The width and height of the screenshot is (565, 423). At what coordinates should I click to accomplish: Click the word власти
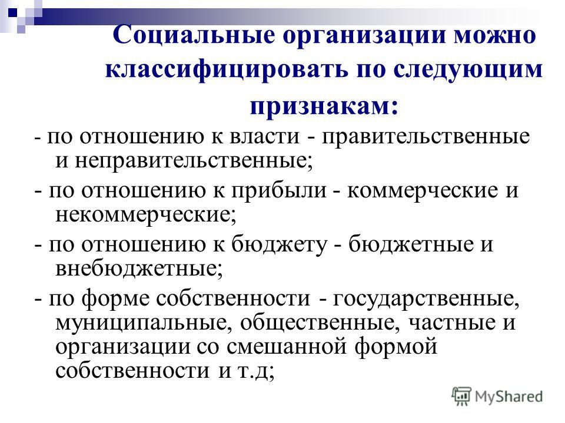click(x=264, y=136)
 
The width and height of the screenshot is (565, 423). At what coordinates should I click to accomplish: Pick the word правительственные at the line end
click(x=426, y=137)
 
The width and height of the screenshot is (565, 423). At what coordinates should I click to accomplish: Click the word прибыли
click(x=278, y=190)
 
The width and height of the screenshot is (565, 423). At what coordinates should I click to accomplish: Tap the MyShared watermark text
click(x=508, y=397)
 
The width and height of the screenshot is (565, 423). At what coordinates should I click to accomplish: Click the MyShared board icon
click(x=461, y=397)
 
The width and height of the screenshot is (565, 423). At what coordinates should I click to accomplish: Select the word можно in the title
click(x=495, y=35)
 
